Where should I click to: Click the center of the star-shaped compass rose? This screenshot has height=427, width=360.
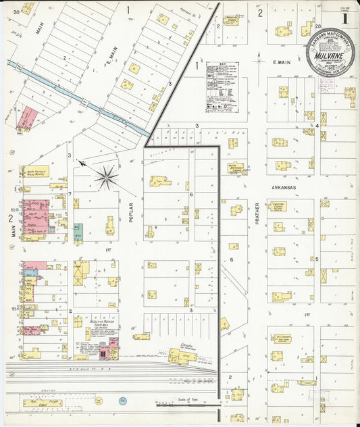(x=106, y=178)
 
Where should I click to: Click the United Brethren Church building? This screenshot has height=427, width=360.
(x=236, y=168)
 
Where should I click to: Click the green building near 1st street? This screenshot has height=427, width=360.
(x=78, y=232)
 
